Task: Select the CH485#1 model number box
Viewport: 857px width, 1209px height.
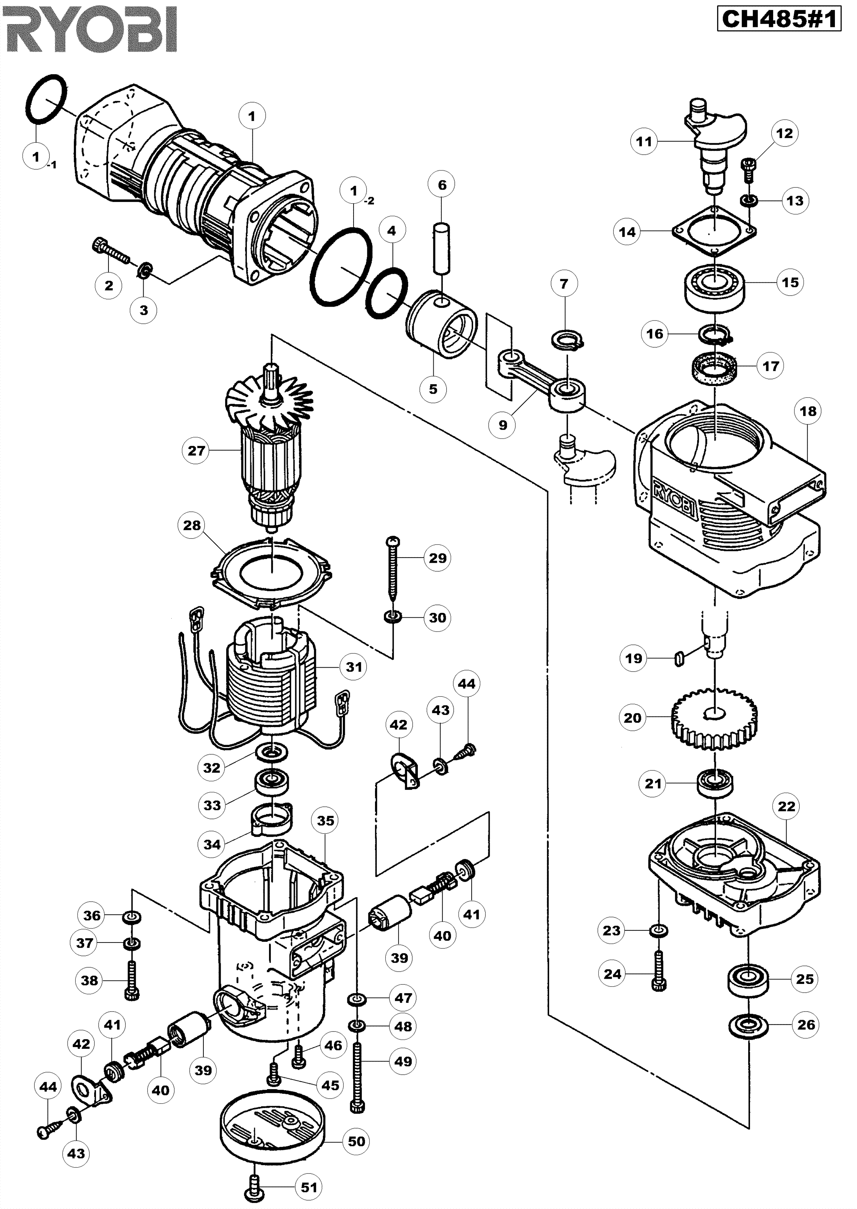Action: click(779, 20)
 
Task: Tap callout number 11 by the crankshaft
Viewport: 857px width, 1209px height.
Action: click(644, 141)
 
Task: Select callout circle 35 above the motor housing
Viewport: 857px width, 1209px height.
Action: click(326, 821)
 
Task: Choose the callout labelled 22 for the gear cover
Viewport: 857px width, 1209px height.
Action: click(786, 806)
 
